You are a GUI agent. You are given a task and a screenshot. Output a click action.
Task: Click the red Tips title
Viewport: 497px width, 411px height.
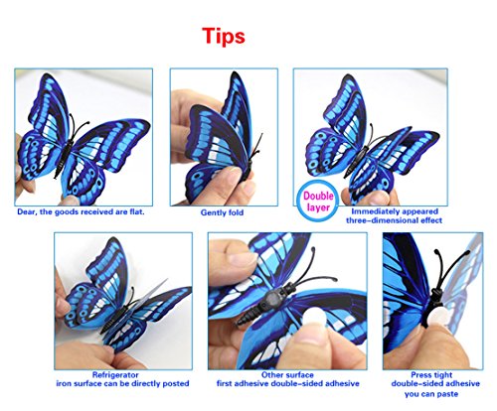click(224, 36)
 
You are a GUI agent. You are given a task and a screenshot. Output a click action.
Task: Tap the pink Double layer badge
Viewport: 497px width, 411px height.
click(318, 202)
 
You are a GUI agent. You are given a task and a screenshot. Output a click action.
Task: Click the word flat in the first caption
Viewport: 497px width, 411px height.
click(137, 211)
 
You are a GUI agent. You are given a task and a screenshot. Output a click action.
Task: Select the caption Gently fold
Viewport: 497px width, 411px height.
click(222, 212)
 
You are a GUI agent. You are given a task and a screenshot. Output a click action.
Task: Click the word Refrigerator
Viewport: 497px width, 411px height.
click(115, 375)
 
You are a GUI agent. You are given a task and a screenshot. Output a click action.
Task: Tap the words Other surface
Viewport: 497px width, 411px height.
click(287, 375)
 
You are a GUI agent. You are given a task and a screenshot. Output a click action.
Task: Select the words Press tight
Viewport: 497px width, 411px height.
click(431, 375)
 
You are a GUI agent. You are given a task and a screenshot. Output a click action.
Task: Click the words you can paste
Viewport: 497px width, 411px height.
click(431, 394)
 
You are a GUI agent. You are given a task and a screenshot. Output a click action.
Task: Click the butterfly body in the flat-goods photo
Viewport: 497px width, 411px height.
click(66, 156)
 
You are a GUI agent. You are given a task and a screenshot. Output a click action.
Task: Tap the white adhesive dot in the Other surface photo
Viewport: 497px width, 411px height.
click(313, 317)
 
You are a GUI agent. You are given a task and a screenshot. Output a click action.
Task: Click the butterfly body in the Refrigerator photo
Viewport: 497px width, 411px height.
click(115, 320)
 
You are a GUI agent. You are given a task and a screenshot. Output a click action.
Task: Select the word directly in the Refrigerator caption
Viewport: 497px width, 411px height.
click(145, 384)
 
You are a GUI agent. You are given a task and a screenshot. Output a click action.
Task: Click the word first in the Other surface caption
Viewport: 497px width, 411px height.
click(225, 383)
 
